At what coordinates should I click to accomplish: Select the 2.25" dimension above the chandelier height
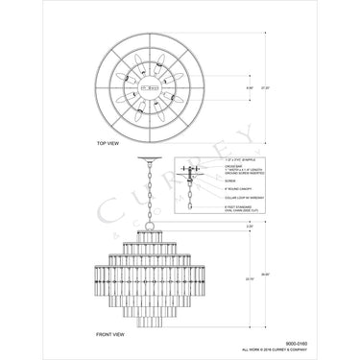(x=221, y=227)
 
